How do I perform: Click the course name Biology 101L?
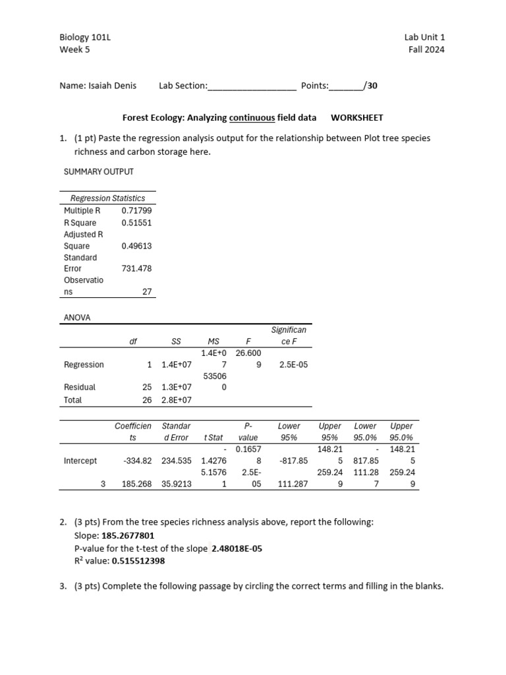85,38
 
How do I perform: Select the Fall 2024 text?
426,49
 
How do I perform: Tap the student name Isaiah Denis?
112,86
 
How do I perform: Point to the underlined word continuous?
252,118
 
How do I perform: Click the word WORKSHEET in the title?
356,118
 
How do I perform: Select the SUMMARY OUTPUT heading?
98,171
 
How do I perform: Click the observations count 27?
147,291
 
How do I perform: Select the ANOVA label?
77,317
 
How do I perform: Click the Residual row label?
79,388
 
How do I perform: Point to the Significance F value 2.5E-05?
293,365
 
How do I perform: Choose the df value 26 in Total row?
147,400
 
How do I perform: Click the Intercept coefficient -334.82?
137,461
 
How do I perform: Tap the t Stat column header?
213,438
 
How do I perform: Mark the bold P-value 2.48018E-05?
237,548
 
